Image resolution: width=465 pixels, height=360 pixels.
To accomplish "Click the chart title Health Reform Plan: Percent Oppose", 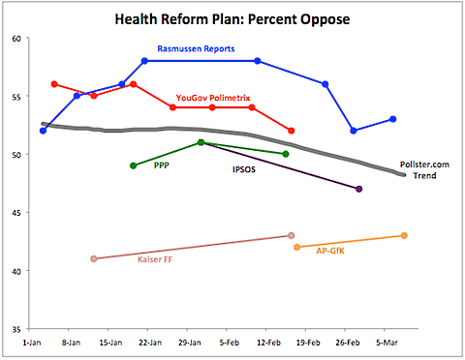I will [x=233, y=18].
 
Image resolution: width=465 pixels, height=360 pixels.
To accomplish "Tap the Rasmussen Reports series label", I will [x=197, y=49].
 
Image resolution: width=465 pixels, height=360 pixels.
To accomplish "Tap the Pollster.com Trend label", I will [x=423, y=169].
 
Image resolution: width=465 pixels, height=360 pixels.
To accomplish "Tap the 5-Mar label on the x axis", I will [x=387, y=342].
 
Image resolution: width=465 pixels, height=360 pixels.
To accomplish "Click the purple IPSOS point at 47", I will [x=359, y=189].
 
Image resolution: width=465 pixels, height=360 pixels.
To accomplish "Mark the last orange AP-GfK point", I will [x=404, y=235].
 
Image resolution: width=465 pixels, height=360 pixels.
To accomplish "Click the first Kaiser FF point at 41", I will [x=94, y=258].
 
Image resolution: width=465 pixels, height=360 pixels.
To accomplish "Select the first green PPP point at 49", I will [x=134, y=165].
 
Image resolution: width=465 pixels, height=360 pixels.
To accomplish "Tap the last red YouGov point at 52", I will [x=292, y=131].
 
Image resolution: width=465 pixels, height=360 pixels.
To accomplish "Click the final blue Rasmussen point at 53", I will [x=392, y=119].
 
